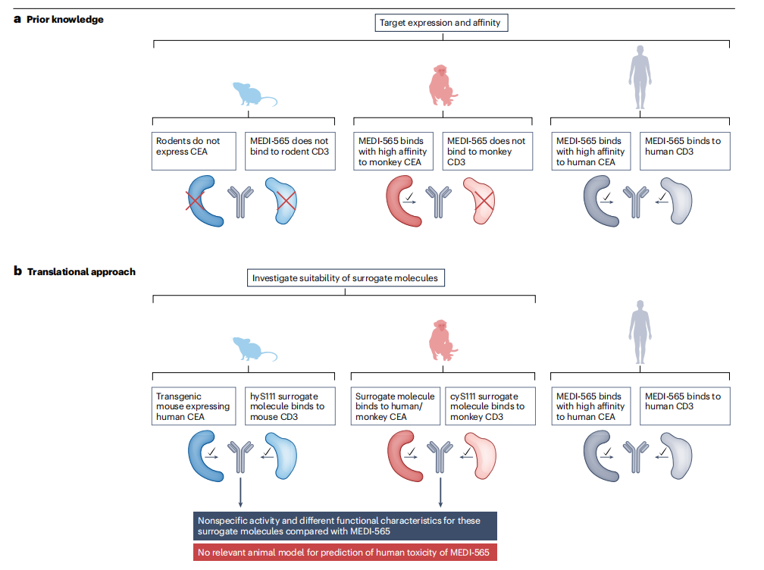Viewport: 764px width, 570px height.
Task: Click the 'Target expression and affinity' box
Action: point(440,23)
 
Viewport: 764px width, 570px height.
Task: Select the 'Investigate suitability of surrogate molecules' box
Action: point(345,278)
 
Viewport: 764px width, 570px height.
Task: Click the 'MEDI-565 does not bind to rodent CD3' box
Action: point(290,151)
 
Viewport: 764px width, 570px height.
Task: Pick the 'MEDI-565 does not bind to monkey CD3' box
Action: point(487,151)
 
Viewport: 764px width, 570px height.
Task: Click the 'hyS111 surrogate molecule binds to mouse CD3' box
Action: point(290,406)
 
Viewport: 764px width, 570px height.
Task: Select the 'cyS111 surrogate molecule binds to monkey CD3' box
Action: point(487,406)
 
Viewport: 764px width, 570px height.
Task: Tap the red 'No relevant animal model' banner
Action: point(345,552)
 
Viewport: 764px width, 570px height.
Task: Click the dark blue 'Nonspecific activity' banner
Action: point(345,526)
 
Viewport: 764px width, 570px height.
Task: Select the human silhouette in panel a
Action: point(640,77)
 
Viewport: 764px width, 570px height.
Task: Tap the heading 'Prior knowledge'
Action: point(65,19)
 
